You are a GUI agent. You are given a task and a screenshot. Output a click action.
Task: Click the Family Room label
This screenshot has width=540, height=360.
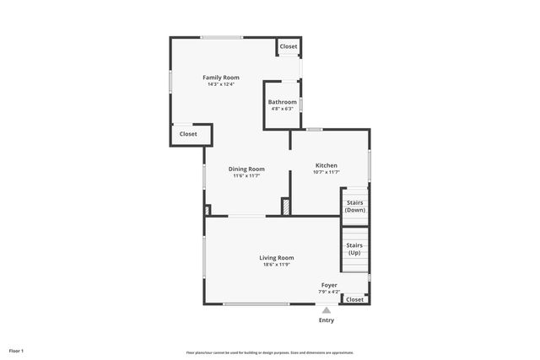pyautogui.click(x=220, y=78)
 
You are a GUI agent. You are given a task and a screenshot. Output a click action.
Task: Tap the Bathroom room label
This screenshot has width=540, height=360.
pyautogui.click(x=283, y=102)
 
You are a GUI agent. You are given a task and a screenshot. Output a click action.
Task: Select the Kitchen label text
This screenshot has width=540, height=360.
pyautogui.click(x=327, y=165)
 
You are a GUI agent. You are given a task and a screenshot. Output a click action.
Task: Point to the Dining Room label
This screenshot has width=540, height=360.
pyautogui.click(x=246, y=169)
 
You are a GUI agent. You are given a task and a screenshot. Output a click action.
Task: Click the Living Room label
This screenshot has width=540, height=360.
pyautogui.click(x=276, y=258)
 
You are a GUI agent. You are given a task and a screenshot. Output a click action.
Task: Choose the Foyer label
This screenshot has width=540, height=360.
pyautogui.click(x=329, y=285)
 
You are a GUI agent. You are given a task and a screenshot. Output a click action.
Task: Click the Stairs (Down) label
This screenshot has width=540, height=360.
pyautogui.click(x=355, y=207)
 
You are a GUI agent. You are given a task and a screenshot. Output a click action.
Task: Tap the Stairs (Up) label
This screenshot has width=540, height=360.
pyautogui.click(x=355, y=249)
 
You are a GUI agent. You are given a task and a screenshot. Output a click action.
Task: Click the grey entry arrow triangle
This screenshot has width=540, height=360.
pyautogui.click(x=327, y=310)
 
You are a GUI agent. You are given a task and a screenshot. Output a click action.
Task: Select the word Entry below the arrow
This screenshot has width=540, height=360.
pyautogui.click(x=327, y=320)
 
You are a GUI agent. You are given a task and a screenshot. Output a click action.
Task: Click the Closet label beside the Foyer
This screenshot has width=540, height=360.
pyautogui.click(x=355, y=299)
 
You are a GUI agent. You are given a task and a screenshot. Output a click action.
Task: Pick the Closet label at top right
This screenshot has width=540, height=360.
pyautogui.click(x=289, y=46)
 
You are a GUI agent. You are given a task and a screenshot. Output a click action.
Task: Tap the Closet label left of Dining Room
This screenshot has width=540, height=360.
pyautogui.click(x=187, y=134)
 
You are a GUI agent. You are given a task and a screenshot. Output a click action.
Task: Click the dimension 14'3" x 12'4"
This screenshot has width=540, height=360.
pyautogui.click(x=220, y=84)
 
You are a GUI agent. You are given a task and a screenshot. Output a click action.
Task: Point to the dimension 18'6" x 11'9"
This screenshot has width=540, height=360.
pyautogui.click(x=276, y=265)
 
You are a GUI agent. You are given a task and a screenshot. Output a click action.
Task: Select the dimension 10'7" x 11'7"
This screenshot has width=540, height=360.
pyautogui.click(x=327, y=172)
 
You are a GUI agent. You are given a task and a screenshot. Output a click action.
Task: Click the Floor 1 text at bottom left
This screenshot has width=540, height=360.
pyautogui.click(x=17, y=350)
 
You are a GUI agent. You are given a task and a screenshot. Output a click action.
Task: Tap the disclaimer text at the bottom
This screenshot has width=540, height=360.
pyautogui.click(x=270, y=352)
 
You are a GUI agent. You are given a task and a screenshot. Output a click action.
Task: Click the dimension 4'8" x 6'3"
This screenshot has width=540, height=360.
pyautogui.click(x=283, y=109)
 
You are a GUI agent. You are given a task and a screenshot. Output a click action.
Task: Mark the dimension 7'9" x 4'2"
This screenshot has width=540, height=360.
pyautogui.click(x=329, y=292)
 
